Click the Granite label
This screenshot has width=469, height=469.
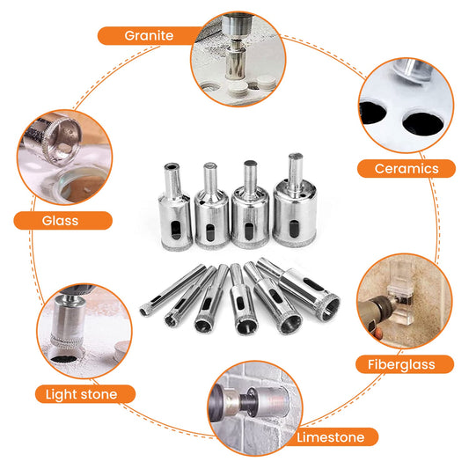click(x=149, y=35)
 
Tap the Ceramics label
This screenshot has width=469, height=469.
click(x=407, y=169)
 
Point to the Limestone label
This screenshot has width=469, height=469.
click(x=331, y=437)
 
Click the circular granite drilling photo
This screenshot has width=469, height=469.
click(x=238, y=59)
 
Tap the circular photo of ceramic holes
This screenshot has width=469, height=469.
click(x=407, y=106)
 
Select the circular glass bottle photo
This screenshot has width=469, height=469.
click(x=64, y=158)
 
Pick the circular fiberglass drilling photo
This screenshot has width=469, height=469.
click(x=405, y=301)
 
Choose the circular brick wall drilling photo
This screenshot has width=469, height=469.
click(x=255, y=408)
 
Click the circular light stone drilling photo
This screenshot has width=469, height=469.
click(x=84, y=331)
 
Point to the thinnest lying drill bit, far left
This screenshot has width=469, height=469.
click(x=172, y=289)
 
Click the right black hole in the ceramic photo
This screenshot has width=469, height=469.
click(x=422, y=123)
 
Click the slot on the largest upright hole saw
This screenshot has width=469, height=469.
click(x=294, y=229)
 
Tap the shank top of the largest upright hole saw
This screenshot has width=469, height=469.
click(x=296, y=157)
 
